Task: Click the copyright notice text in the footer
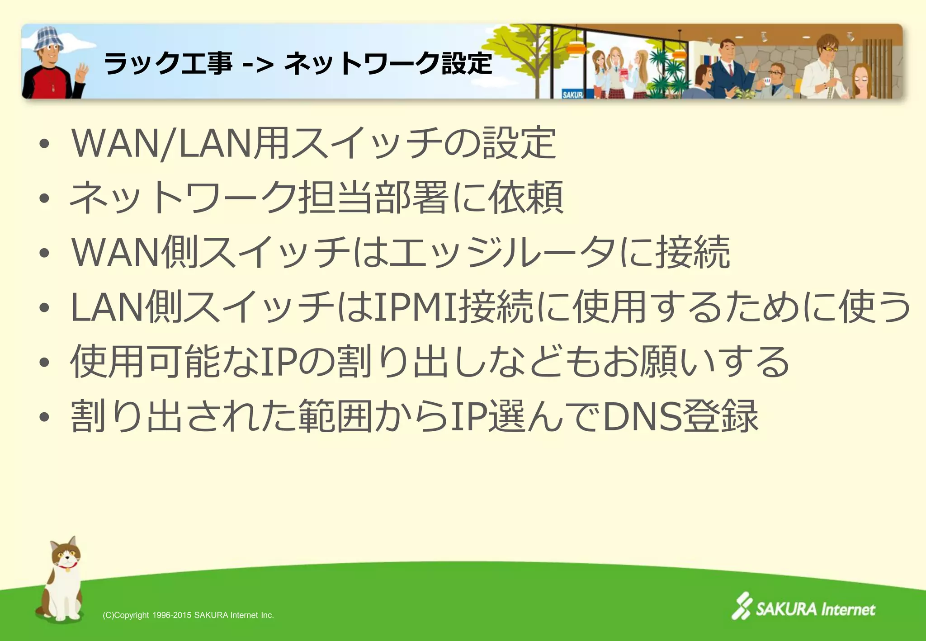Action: click(x=188, y=615)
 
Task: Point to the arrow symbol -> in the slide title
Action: click(x=258, y=64)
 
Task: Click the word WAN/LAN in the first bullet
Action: click(x=161, y=144)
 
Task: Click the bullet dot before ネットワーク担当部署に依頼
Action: click(x=44, y=198)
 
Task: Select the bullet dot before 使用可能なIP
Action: click(x=44, y=362)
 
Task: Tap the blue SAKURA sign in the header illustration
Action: click(x=572, y=94)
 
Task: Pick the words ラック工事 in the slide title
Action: click(x=168, y=63)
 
